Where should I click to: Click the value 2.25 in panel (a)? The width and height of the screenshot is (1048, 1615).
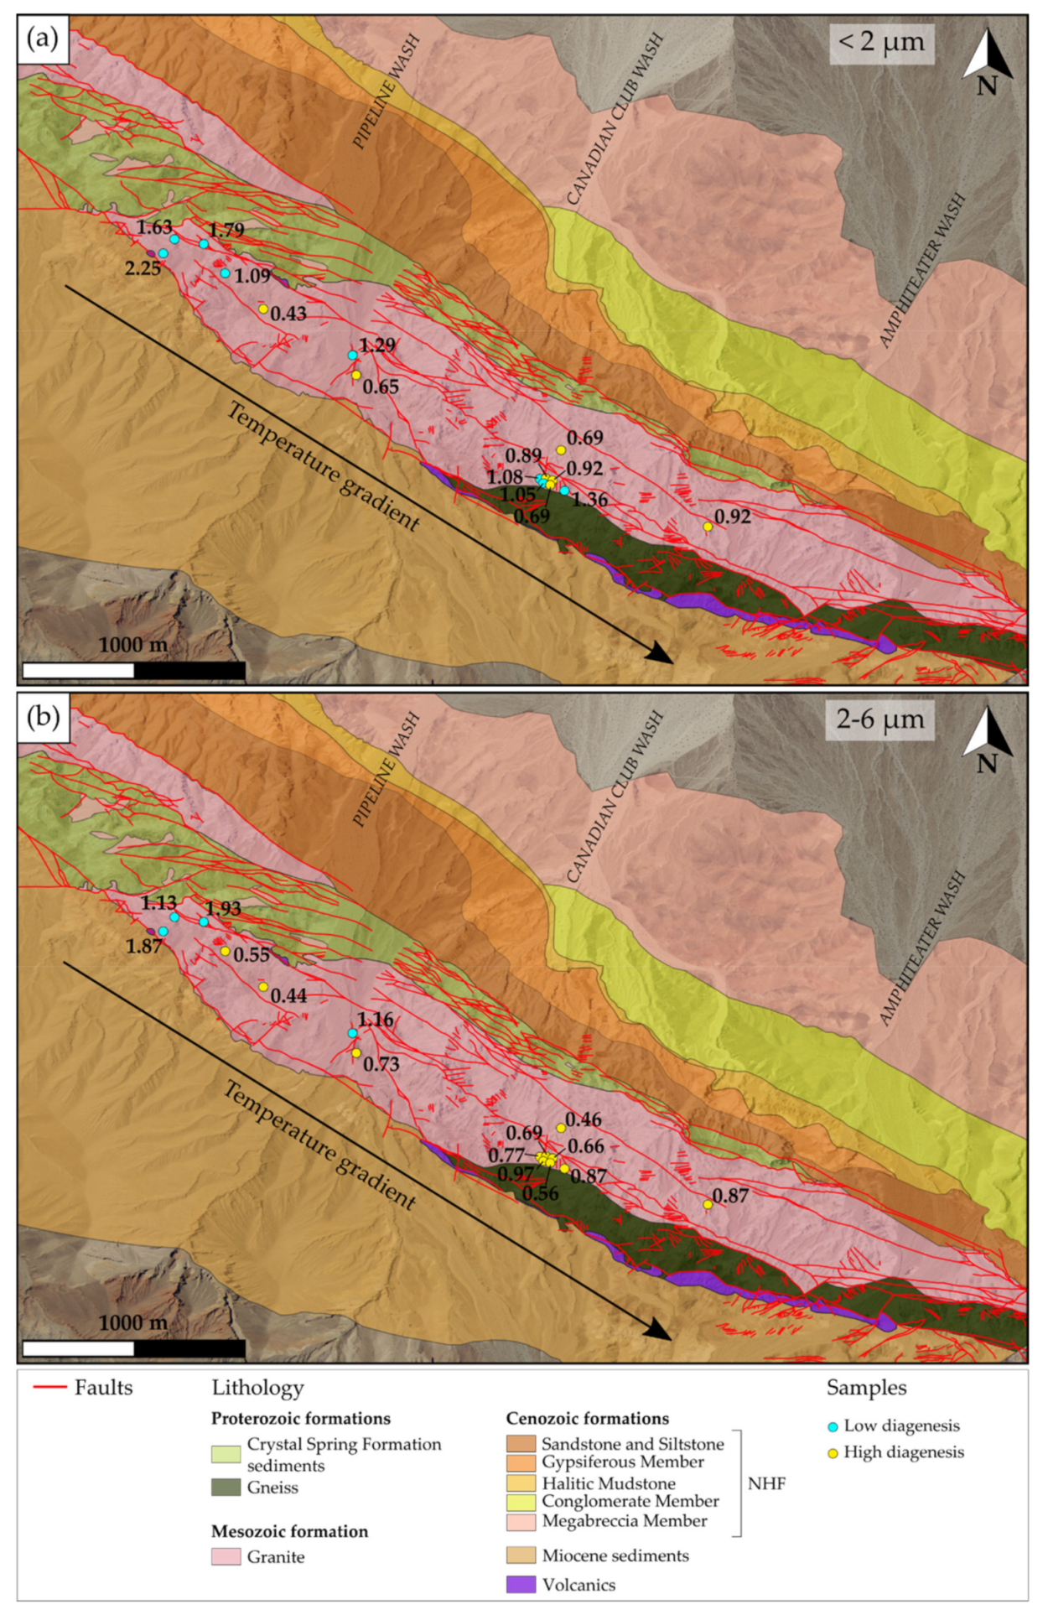[x=143, y=268]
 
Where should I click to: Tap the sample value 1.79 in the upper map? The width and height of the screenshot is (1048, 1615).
[x=226, y=231]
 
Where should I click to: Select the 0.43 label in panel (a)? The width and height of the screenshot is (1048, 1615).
[x=288, y=314]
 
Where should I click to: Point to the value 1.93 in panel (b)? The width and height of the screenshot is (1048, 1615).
[x=223, y=909]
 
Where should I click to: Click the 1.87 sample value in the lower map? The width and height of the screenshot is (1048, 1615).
[x=143, y=946]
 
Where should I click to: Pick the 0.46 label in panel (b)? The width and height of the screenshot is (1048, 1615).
[x=584, y=1119]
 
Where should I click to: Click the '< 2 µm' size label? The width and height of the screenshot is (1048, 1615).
[x=881, y=42]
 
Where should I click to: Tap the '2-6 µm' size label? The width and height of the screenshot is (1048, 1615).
[x=880, y=719]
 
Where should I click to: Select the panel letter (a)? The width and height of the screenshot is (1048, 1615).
[x=43, y=39]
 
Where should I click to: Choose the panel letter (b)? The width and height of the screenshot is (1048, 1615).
[x=43, y=717]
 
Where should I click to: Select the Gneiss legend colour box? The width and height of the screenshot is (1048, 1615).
[x=226, y=1488]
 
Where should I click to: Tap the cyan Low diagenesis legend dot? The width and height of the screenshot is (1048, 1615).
[x=833, y=1426]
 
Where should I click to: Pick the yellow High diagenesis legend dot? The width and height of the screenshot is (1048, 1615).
[x=833, y=1453]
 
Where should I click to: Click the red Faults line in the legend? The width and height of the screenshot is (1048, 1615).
[x=49, y=1388]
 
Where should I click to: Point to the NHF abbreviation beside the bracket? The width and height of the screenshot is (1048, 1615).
[x=766, y=1483]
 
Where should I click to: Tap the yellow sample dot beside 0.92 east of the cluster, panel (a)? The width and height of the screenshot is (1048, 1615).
[x=708, y=527]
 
